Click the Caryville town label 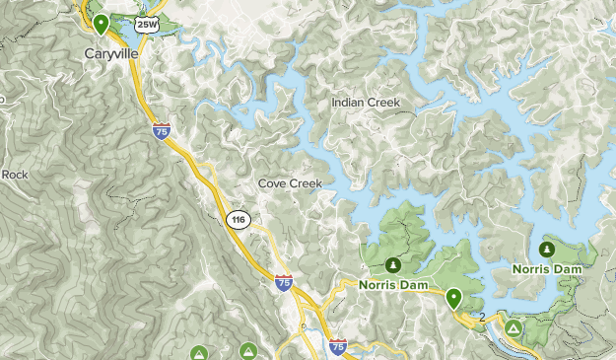point(110,53)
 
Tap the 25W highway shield point(146,24)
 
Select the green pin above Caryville point(102,22)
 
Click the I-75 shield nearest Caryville point(162,130)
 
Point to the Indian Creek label point(367,102)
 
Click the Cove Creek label point(290,183)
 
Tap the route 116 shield point(237,219)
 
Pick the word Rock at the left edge point(16,175)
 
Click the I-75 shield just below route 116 point(284,283)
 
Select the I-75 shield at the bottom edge point(338,346)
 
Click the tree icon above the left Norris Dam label point(393,264)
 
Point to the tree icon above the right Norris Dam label point(547,248)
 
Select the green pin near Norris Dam point(453,297)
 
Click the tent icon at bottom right point(513,327)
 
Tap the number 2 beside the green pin point(483,317)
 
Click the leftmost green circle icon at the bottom point(198,352)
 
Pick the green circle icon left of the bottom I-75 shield point(247,352)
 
